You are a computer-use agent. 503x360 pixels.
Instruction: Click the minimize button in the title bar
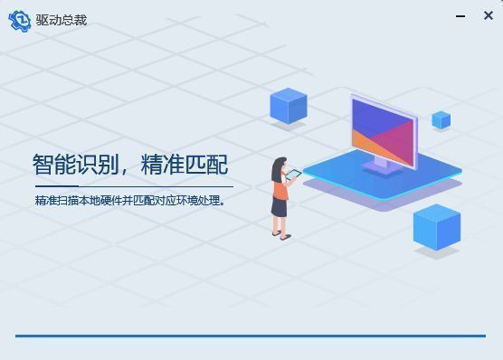(x=462, y=16)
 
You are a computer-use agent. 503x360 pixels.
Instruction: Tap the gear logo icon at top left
(x=19, y=20)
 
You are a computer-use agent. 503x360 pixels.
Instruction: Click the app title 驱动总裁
(x=62, y=20)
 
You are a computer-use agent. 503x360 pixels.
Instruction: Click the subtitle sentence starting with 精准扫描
(x=129, y=200)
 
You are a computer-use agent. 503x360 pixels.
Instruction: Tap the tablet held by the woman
(x=294, y=173)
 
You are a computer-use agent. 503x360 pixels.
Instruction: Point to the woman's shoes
(x=281, y=235)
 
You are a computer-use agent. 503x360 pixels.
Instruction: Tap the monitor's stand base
(x=379, y=167)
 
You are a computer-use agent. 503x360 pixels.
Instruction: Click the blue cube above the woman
(x=289, y=106)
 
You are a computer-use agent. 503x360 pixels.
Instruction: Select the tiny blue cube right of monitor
(x=441, y=119)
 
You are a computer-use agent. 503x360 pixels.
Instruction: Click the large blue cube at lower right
(x=437, y=226)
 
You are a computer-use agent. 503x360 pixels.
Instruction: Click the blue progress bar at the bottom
(x=251, y=336)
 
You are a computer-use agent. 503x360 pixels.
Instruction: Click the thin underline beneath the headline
(x=132, y=185)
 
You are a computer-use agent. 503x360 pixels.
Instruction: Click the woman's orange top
(x=281, y=187)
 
